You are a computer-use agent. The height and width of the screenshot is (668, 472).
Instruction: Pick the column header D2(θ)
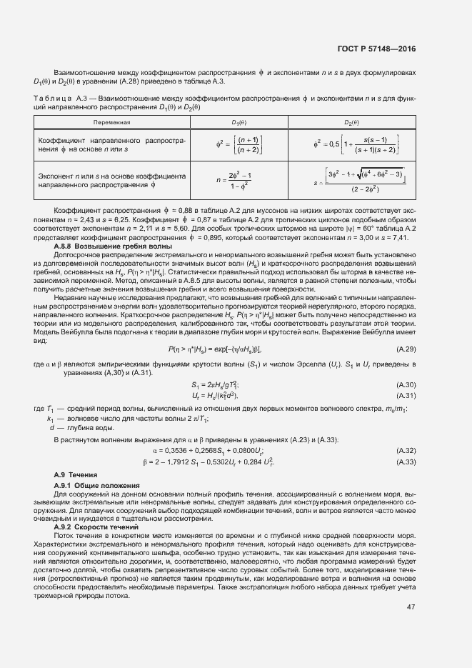(353, 122)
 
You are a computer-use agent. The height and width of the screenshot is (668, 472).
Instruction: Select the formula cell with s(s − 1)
(353, 145)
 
